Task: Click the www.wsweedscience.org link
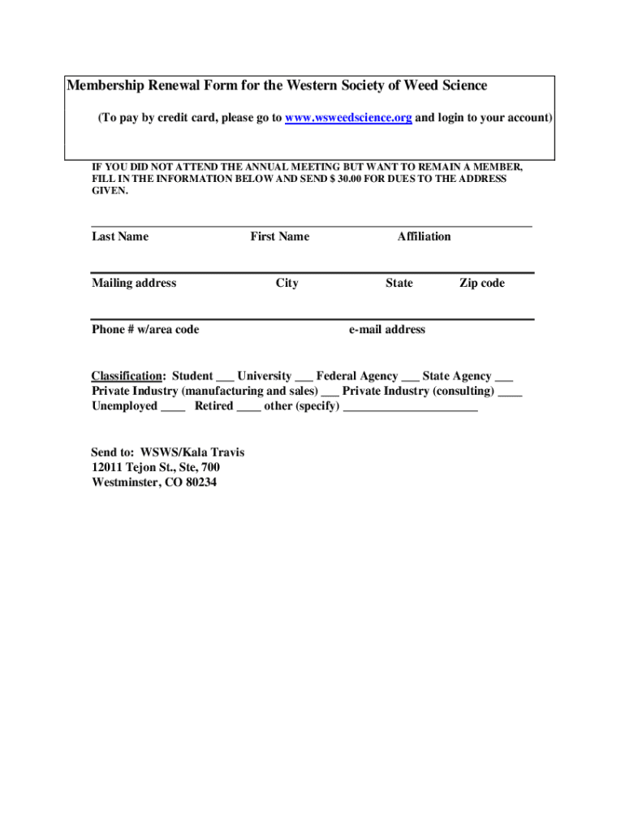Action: [347, 118]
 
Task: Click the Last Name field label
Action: [120, 236]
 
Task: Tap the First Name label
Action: [279, 236]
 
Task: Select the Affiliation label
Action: [424, 236]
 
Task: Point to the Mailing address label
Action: [134, 283]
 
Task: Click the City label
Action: [287, 283]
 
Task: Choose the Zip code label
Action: [481, 283]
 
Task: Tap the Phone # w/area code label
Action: [145, 329]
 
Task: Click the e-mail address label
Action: [386, 329]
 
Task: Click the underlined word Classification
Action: [126, 376]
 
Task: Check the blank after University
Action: [304, 379]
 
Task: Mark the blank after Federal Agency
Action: [410, 379]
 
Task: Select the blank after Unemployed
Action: [173, 409]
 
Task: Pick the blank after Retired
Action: [248, 409]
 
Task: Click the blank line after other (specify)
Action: [411, 409]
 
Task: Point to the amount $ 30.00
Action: [347, 179]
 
